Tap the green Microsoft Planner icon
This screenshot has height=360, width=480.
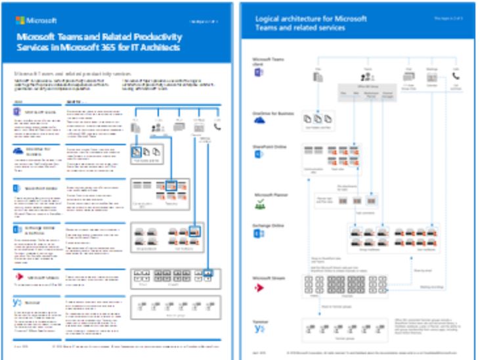(259, 206)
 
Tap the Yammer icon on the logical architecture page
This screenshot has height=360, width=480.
(259, 328)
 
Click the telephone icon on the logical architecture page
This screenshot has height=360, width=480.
(456, 77)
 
